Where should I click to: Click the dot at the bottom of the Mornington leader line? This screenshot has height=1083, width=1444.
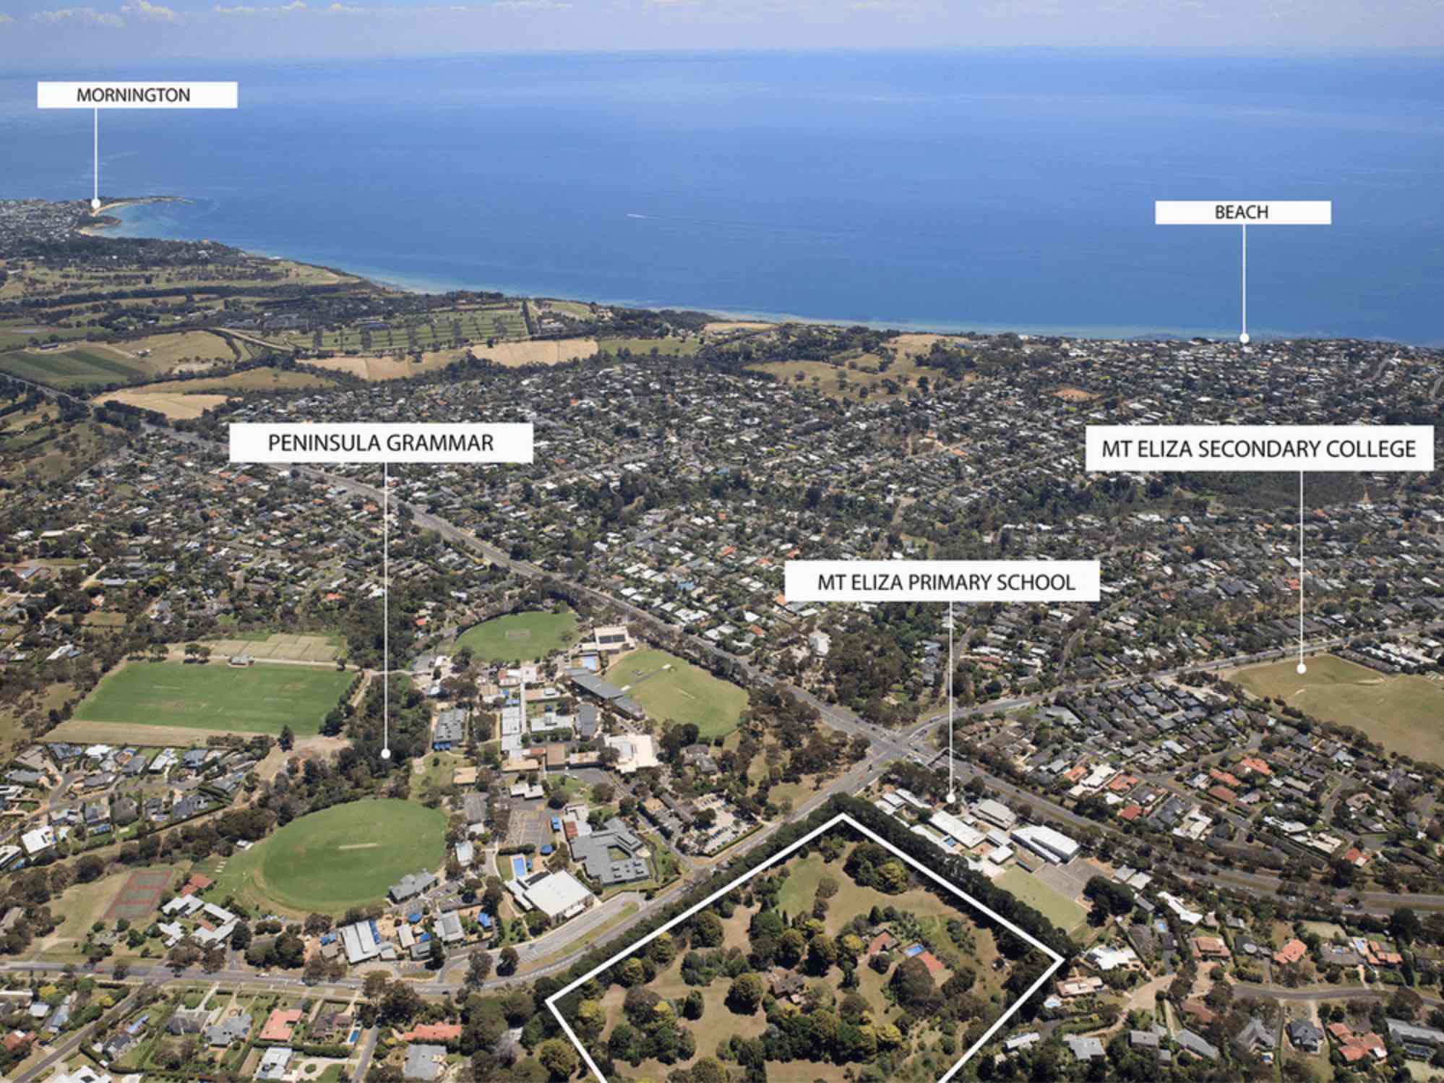[x=95, y=204]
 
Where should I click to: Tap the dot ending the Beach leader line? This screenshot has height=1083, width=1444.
[x=1244, y=338]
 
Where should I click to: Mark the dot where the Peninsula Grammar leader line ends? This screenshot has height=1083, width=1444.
[x=385, y=753]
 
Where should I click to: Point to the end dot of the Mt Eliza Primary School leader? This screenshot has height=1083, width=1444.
[x=950, y=798]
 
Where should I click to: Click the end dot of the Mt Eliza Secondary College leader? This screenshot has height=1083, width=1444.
[x=1302, y=669]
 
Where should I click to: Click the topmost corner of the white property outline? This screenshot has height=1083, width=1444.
[x=842, y=815]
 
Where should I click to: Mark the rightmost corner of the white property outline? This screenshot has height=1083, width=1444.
[x=1062, y=959]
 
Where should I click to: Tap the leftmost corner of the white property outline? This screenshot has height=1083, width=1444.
[x=548, y=1001]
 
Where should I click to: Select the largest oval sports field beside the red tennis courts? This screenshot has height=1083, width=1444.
[x=353, y=855]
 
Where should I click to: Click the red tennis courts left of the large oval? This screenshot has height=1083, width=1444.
[x=139, y=894]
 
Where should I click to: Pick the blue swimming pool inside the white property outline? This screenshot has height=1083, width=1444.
[x=914, y=949]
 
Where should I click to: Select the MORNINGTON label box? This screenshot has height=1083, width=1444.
[x=137, y=95]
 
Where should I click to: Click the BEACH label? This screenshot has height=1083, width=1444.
[x=1242, y=212]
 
